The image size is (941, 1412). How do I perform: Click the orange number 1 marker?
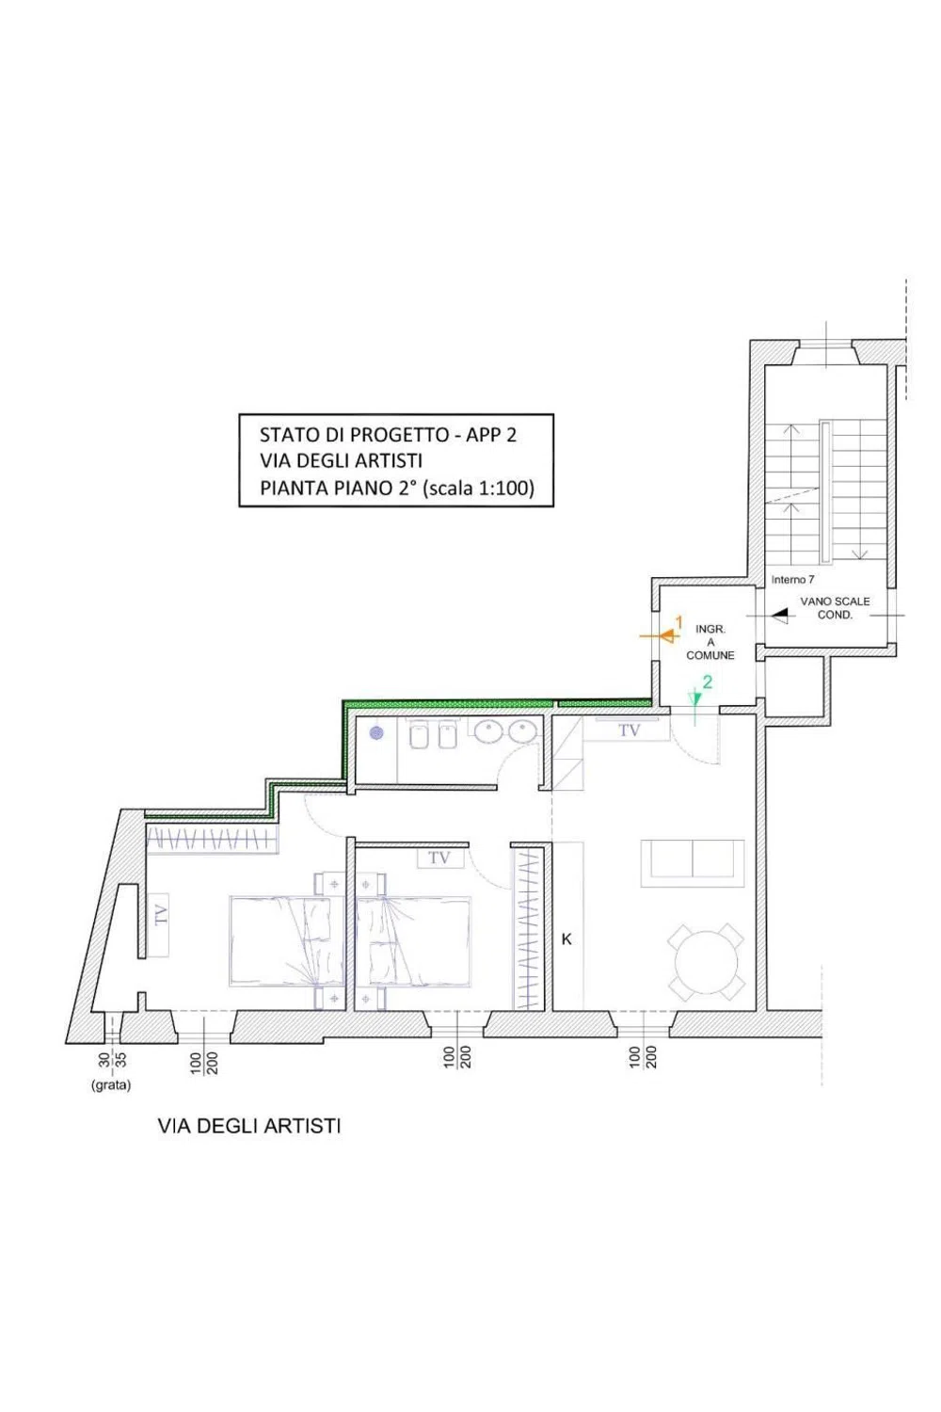coord(678,622)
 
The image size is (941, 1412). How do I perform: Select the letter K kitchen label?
coord(566,939)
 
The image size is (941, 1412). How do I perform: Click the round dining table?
coord(706,962)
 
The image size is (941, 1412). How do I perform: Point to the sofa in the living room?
coord(692,862)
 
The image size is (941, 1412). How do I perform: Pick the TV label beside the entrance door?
coord(629,730)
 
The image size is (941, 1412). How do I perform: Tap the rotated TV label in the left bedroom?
coord(161,914)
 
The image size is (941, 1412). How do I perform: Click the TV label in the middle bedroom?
coord(439,858)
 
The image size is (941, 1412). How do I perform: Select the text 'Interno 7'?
coord(792,579)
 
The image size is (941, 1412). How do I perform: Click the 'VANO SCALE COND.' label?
coord(835,608)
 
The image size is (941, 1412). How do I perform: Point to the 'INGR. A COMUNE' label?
coord(710,642)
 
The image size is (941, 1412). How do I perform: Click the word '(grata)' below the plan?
coord(111,1085)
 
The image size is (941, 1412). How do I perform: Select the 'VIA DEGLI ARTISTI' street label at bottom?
coord(249,1126)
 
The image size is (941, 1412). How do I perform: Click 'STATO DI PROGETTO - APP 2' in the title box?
coord(388,435)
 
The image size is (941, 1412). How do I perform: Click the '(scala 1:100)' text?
coord(478,488)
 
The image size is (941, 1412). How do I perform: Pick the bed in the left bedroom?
coord(287,940)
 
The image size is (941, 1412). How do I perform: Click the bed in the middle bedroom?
coord(413,940)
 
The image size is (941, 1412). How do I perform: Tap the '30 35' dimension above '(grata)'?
coord(112,1060)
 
